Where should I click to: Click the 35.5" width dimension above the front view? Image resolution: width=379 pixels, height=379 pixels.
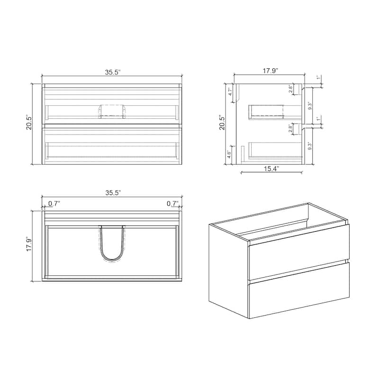point(113,72)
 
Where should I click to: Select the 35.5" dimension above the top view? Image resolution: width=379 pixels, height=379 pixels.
point(113,193)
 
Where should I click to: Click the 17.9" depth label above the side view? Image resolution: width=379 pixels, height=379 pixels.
point(270,71)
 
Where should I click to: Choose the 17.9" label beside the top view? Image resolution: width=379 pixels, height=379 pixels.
point(29,246)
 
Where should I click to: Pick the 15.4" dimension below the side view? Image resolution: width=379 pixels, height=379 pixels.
point(271,169)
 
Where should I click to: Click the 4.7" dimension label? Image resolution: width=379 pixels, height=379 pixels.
point(230,92)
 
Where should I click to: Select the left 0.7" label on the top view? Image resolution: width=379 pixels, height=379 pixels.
point(54,204)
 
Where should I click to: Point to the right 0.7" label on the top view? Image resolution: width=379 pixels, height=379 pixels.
point(172,204)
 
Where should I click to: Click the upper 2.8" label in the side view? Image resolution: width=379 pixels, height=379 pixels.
point(290,90)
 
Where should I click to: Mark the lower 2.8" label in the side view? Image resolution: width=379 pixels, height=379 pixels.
point(290,129)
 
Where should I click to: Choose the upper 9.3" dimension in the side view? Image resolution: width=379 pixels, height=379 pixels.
point(310,106)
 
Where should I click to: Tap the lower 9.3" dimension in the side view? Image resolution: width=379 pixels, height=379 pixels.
point(310,146)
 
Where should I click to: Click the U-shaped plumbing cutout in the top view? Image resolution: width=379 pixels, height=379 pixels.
point(112,244)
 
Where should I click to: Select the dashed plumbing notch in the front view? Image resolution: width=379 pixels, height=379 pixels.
point(112,110)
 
